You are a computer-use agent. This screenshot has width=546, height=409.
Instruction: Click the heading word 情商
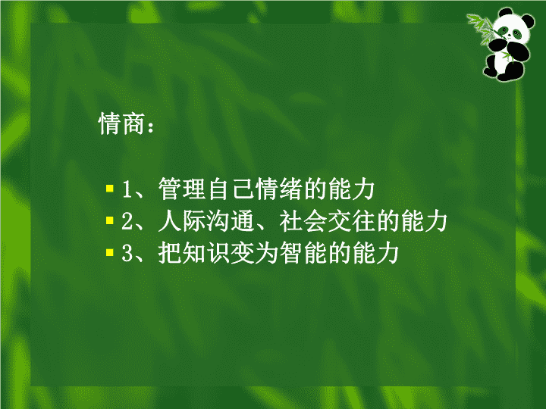tap(121, 123)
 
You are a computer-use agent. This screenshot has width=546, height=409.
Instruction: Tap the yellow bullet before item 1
tap(110, 189)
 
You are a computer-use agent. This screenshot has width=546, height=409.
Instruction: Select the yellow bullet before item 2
tap(110, 220)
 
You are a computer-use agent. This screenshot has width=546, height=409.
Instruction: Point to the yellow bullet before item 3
tap(110, 252)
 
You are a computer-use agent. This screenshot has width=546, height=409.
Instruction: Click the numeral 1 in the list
tap(127, 189)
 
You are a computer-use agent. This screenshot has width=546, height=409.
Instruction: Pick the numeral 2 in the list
tap(127, 221)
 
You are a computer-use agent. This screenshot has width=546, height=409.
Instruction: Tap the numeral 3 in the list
tap(127, 253)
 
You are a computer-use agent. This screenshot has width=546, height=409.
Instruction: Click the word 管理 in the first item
tap(182, 189)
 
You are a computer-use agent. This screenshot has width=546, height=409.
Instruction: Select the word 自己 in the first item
tap(231, 189)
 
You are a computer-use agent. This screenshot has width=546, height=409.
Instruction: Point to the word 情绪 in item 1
tap(279, 189)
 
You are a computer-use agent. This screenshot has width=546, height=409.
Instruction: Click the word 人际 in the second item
tap(182, 220)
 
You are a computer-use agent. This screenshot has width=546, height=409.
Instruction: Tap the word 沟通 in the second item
tap(231, 220)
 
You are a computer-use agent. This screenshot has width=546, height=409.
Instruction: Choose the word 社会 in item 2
tap(303, 220)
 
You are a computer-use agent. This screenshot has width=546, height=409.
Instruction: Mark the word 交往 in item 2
tap(351, 220)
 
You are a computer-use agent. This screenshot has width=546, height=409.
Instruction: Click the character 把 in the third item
tap(170, 252)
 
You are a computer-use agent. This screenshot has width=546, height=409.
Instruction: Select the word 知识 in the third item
tap(206, 252)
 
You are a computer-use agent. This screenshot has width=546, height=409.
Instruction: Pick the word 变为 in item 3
tap(255, 252)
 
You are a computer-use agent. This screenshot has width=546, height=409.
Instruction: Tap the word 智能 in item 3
tap(303, 252)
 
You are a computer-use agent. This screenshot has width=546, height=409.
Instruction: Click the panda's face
tap(511, 30)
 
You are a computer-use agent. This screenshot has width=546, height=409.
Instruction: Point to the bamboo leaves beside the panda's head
tap(481, 27)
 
